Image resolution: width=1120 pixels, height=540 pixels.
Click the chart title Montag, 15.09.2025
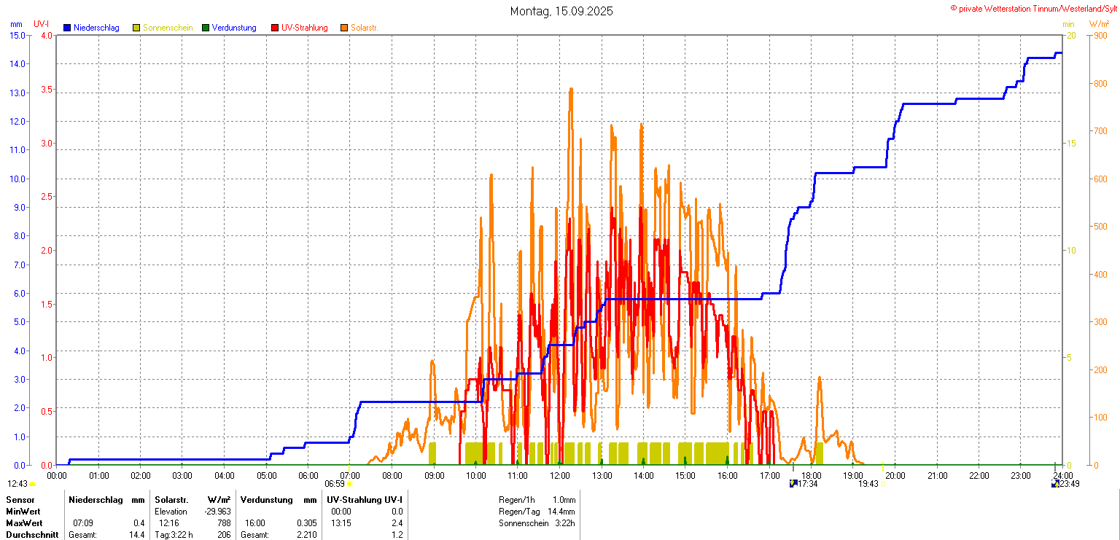tap(561, 11)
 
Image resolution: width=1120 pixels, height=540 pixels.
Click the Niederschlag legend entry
tap(96, 28)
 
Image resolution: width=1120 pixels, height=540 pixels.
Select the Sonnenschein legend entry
tap(168, 28)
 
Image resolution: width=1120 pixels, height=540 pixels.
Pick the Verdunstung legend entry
tap(234, 28)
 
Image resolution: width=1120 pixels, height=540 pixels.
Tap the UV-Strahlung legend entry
tap(304, 28)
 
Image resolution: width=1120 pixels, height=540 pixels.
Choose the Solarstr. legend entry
tap(364, 28)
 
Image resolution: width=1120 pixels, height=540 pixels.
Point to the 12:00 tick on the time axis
tap(560, 476)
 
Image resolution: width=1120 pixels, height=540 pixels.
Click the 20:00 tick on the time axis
tap(895, 476)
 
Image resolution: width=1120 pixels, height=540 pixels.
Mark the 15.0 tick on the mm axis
tap(17, 35)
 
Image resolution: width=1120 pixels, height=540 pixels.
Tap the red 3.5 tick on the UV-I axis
tap(47, 90)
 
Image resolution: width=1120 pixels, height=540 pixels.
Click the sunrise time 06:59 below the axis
tap(334, 484)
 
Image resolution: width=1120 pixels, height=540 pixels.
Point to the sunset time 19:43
tap(868, 484)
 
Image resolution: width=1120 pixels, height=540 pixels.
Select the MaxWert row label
tap(24, 523)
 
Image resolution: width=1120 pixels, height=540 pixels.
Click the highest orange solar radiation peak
tap(571, 89)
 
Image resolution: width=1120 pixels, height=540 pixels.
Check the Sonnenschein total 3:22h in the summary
tap(564, 523)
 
